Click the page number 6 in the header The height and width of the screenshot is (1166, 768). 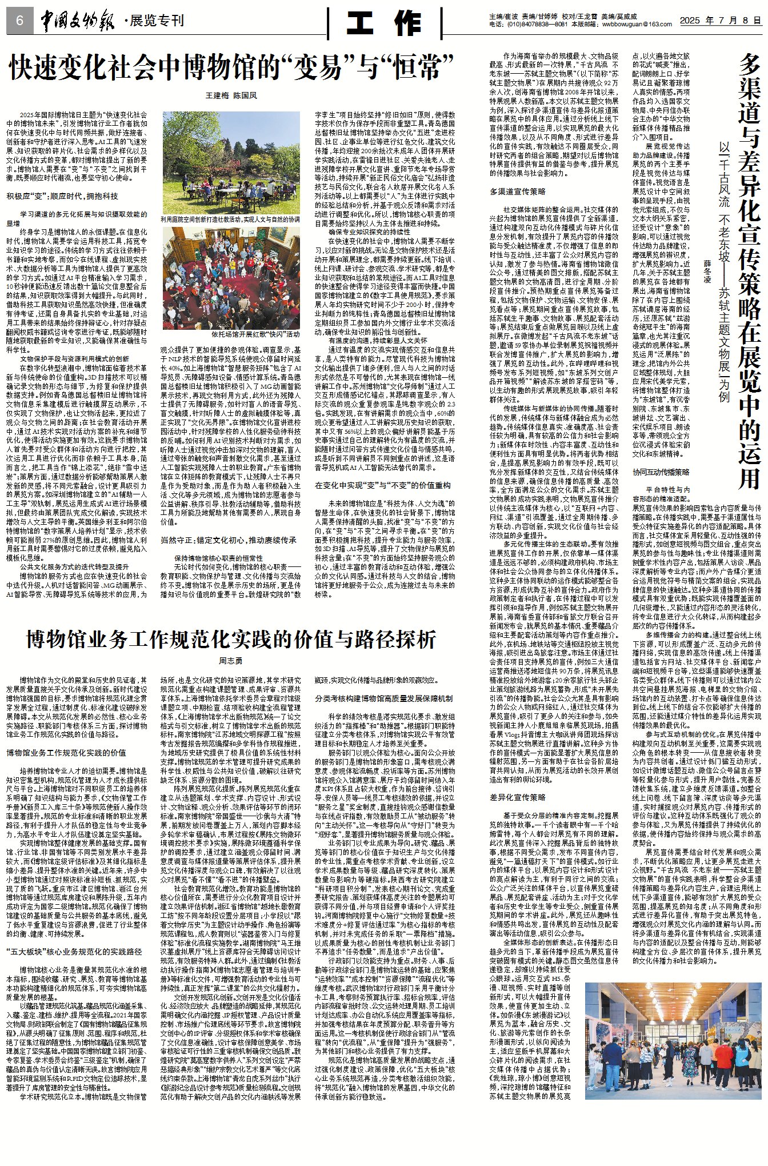tap(19, 21)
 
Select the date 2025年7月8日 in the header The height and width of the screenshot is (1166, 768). tap(720, 20)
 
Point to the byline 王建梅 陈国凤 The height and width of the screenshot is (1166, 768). tap(231, 95)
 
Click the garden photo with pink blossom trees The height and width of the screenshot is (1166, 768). tap(231, 162)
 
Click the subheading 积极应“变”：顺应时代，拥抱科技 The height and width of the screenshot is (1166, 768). tap(62, 196)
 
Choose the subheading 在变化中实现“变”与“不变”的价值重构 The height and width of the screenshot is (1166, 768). tap(382, 485)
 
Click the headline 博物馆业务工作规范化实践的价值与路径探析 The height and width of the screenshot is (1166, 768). tap(231, 639)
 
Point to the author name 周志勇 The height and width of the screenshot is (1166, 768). tap(231, 661)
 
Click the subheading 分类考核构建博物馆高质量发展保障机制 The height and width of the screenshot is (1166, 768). tap(384, 698)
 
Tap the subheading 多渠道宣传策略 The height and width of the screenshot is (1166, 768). tap(517, 191)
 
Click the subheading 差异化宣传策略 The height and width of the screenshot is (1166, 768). tap(517, 797)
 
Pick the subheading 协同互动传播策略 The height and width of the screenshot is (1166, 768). tap(661, 472)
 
